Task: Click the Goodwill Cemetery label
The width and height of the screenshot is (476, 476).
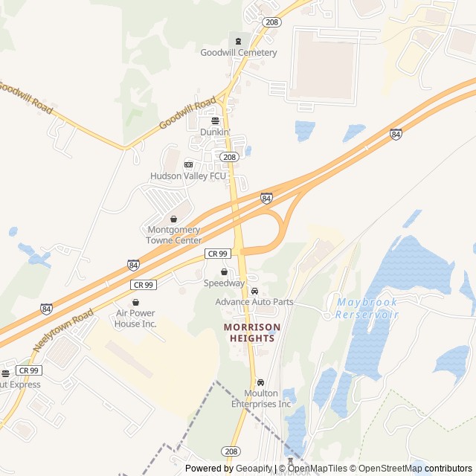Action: point(238,53)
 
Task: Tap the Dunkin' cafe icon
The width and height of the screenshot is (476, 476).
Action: point(216,120)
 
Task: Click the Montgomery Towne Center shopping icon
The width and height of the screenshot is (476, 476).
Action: point(174,219)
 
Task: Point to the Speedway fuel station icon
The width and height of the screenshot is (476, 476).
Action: point(224,272)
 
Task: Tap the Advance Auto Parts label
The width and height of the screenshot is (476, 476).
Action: point(254,302)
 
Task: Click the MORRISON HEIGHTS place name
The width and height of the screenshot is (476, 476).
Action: point(253,332)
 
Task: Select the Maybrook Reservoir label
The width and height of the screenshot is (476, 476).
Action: point(367,309)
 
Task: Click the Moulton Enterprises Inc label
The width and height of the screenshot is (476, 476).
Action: point(260,399)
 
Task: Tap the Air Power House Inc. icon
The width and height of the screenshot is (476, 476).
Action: point(135,302)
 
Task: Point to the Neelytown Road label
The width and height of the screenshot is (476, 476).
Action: point(64,329)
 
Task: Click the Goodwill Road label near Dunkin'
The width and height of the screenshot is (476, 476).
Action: point(187,114)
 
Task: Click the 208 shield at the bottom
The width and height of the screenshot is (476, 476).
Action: point(231,451)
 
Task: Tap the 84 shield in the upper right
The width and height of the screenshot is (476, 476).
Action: point(396,134)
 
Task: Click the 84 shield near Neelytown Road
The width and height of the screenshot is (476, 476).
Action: point(46,308)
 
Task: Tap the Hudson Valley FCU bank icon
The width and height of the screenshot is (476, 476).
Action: point(188,164)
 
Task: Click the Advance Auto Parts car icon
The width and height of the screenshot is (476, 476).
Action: point(254,291)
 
